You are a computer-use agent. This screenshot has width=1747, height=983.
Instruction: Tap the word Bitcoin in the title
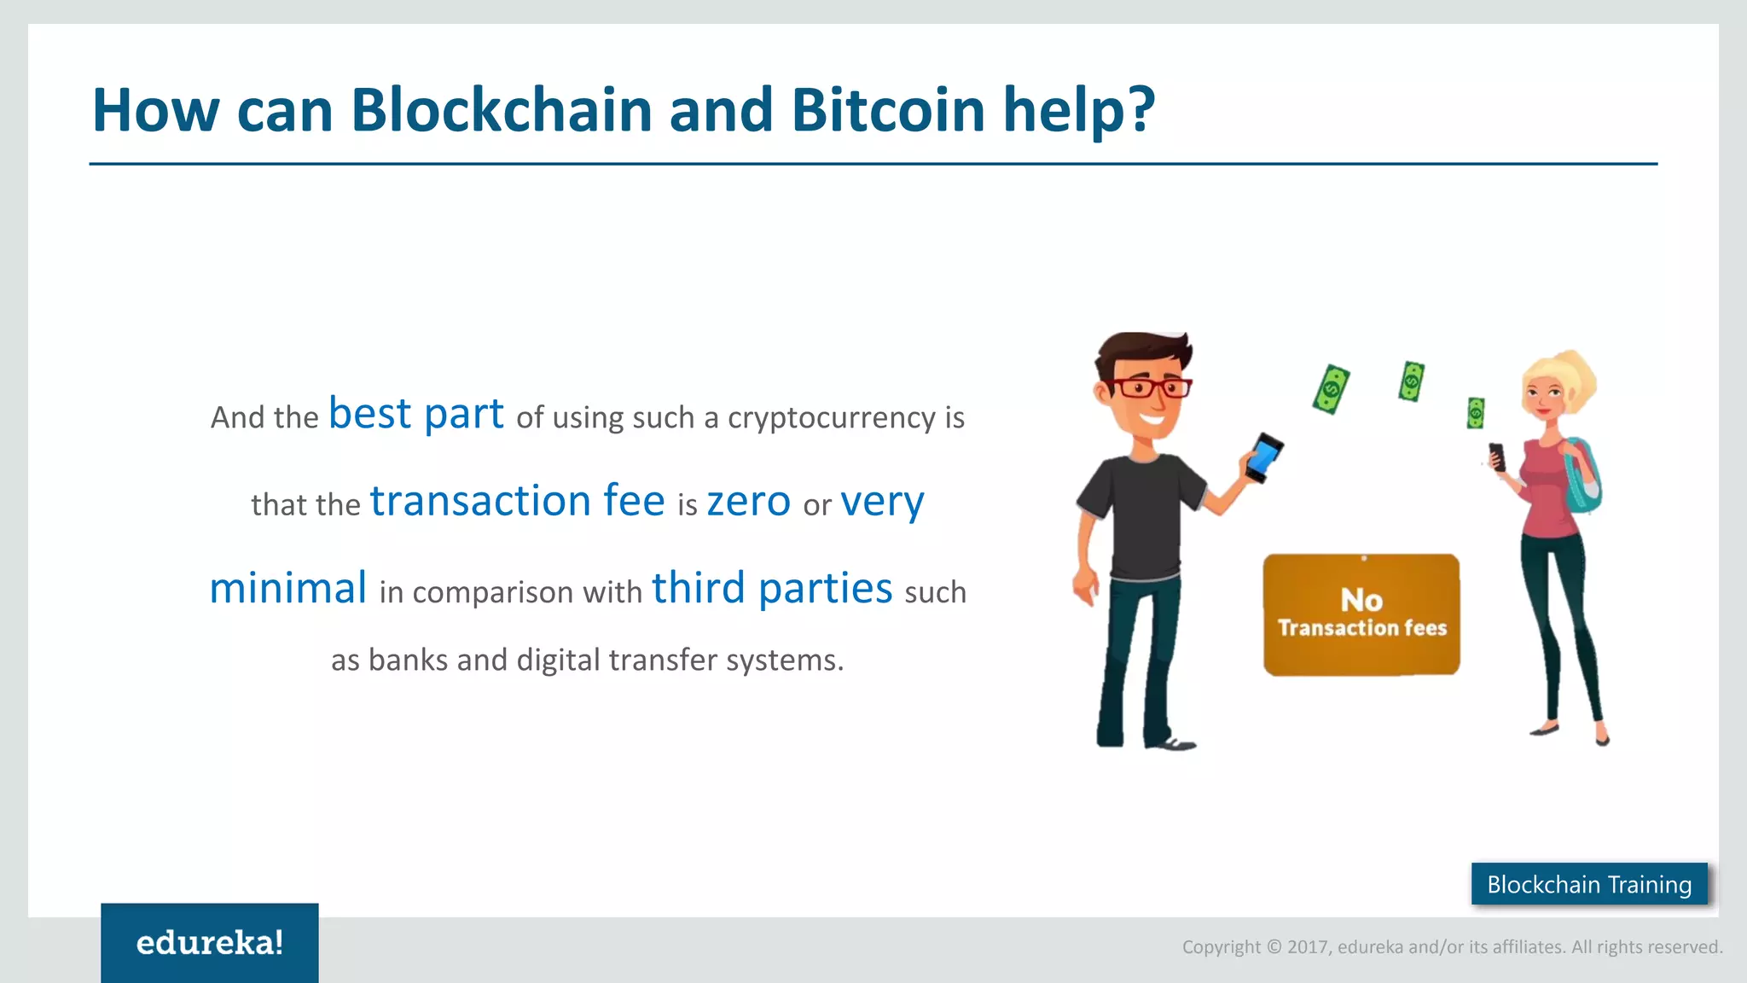coord(887,110)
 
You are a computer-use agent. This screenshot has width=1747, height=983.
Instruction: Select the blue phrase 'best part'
coord(416,414)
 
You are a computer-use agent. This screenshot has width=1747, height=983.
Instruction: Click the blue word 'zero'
coord(748,501)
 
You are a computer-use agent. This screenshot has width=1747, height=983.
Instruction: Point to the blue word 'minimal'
coord(288,589)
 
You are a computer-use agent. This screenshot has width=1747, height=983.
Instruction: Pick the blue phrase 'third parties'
coord(772,589)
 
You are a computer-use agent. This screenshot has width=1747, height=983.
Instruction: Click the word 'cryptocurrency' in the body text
coord(832,418)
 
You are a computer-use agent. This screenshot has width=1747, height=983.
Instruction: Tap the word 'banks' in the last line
coord(408,660)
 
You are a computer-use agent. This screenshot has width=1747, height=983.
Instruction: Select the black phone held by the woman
coord(1497,457)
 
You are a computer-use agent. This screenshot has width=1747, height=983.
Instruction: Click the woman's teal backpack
coord(1584,478)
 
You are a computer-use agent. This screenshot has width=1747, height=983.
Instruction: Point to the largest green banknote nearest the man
coord(1331,390)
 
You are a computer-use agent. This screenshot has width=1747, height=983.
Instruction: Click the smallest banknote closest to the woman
coord(1476,413)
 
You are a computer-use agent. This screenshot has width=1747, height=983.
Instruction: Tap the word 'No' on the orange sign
coord(1361,600)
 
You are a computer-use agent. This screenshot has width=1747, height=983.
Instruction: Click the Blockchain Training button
coord(1589,884)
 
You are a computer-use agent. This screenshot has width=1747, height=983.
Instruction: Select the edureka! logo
coord(210,943)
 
